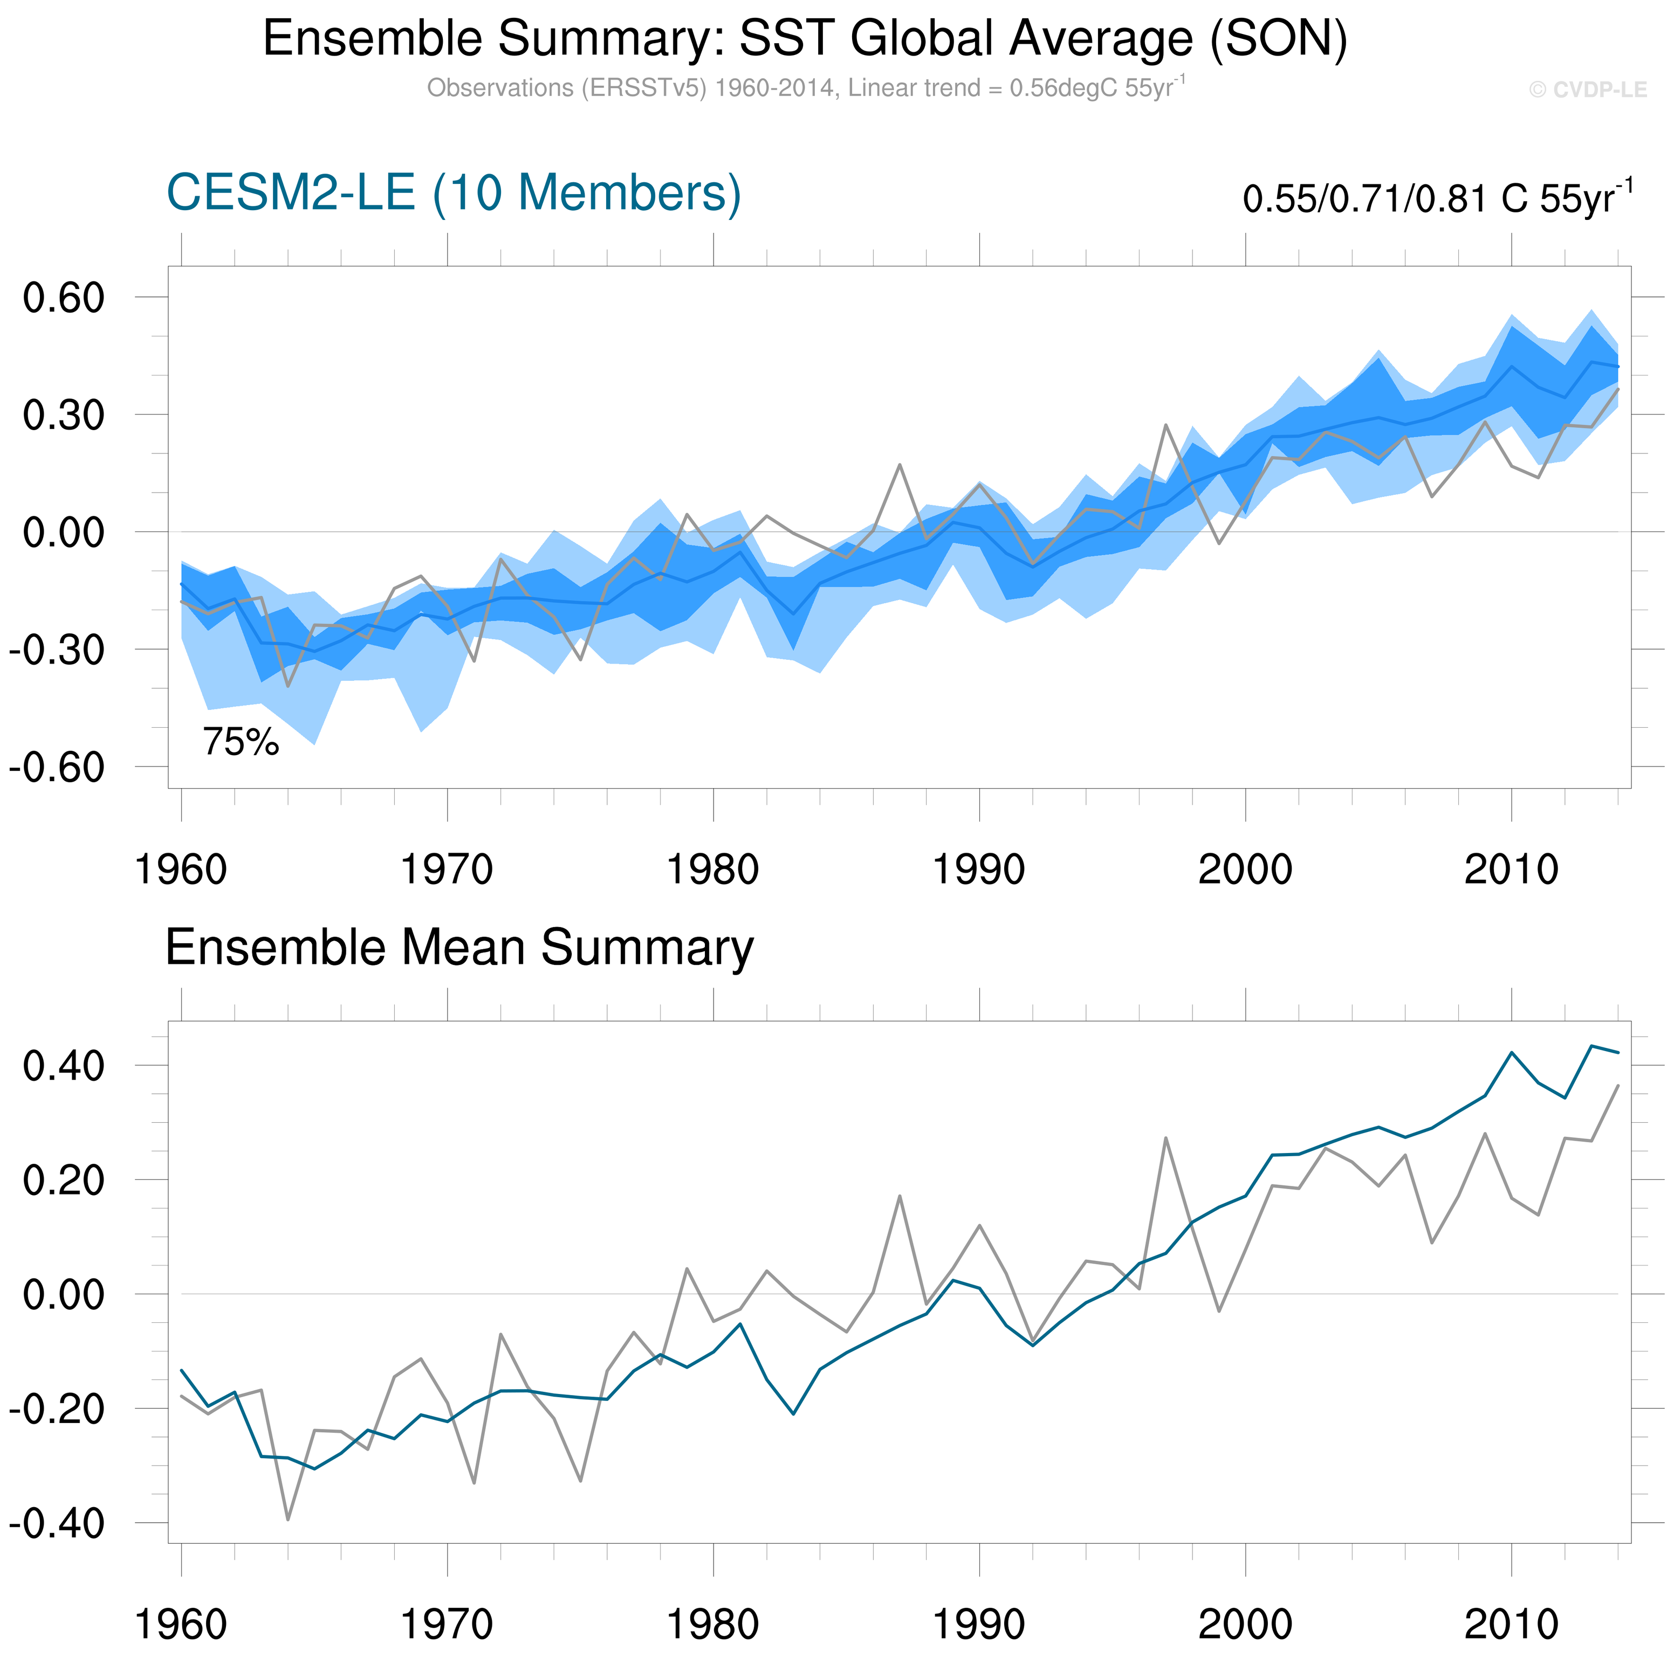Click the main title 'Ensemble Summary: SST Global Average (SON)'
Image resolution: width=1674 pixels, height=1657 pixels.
805,39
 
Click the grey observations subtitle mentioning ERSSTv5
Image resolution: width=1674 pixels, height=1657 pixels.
805,88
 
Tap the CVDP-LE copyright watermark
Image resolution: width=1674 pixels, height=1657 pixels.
1587,90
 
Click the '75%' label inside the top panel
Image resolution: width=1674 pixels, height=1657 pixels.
241,742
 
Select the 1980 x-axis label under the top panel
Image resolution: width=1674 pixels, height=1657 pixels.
712,869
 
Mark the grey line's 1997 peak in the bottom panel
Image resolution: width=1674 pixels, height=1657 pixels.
1165,1138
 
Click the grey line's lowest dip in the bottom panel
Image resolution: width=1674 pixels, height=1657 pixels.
287,1520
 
